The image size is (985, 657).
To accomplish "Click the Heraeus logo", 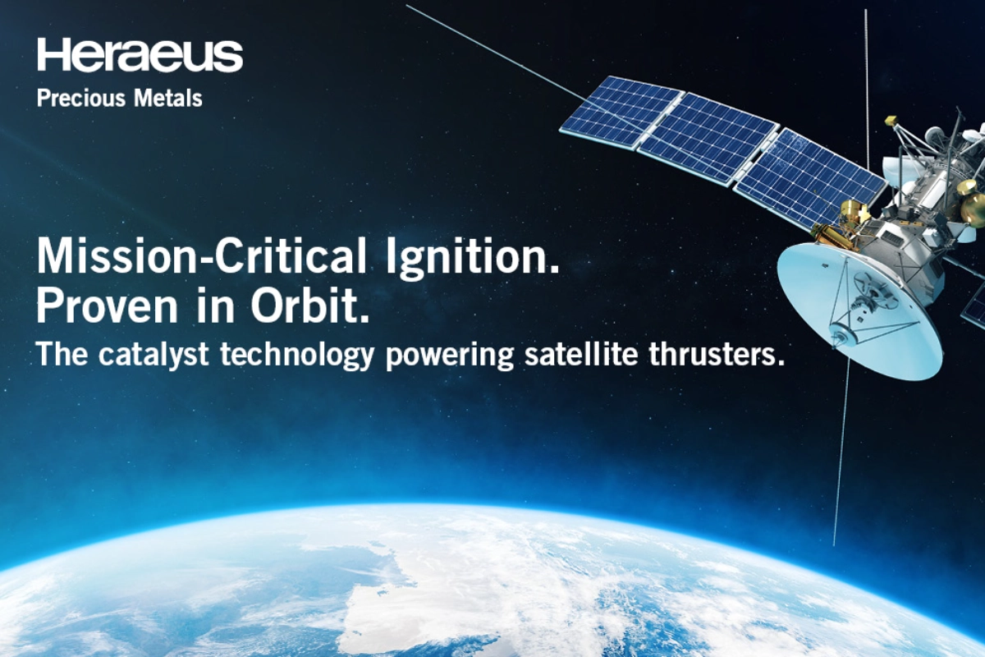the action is tap(140, 54).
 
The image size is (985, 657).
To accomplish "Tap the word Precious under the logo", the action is tap(81, 98).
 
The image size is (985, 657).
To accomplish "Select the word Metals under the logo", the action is tap(168, 98).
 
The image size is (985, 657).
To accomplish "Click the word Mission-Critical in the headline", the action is tap(201, 256).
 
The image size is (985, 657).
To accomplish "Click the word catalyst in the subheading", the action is tap(153, 354).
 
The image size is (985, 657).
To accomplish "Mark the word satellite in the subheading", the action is tap(581, 354).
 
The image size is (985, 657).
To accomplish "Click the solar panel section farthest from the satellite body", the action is tap(621, 112).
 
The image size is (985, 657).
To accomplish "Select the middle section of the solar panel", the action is tap(708, 139).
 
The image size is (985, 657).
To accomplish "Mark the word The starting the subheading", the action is tap(62, 354).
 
